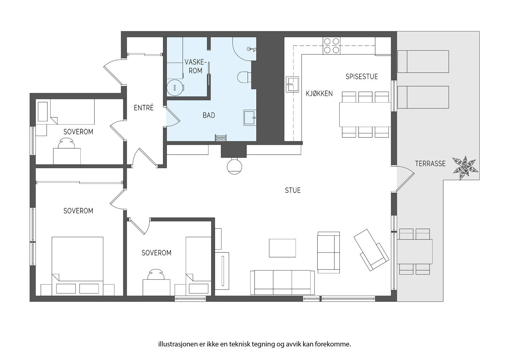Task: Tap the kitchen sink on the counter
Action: click(292, 84)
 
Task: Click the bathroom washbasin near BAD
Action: click(250, 117)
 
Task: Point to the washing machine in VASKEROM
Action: click(175, 88)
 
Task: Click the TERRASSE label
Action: click(430, 164)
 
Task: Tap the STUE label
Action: click(293, 190)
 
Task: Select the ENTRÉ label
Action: click(143, 108)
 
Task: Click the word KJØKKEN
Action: click(319, 94)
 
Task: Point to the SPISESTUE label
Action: click(361, 77)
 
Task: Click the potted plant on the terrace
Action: click(465, 168)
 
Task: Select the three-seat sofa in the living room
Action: click(282, 282)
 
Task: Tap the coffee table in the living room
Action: click(282, 248)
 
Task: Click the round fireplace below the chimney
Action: click(234, 167)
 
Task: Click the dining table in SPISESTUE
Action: click(365, 115)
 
